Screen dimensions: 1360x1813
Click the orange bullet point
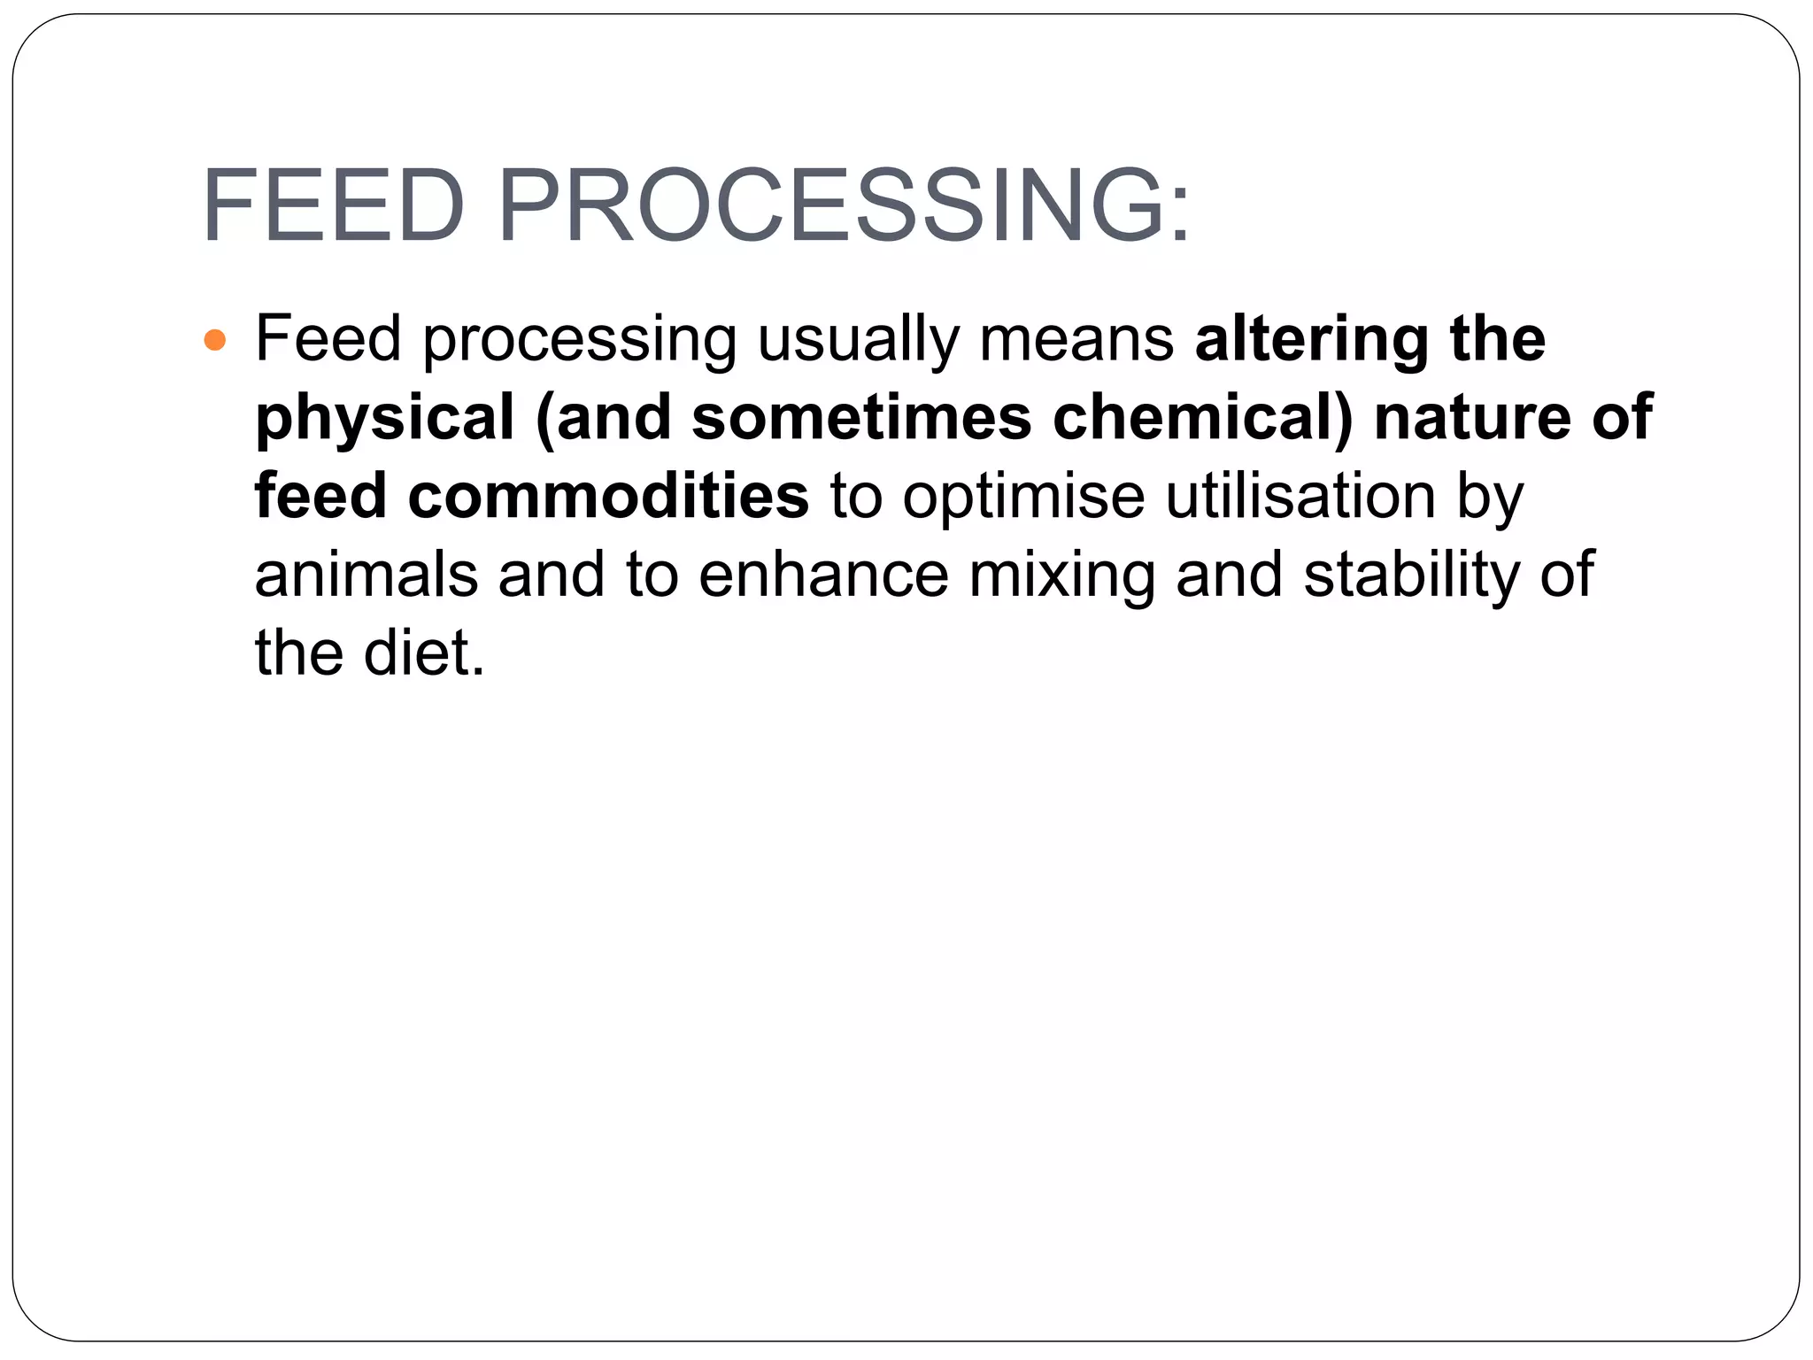[x=215, y=340]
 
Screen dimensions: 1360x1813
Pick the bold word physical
[x=384, y=418]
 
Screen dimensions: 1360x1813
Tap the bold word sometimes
[x=861, y=418]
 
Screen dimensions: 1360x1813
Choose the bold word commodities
[x=608, y=496]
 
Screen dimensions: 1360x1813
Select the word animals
[x=366, y=574]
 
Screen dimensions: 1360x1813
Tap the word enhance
[x=823, y=574]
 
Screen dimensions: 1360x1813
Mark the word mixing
[x=1061, y=574]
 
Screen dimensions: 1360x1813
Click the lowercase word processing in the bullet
[x=580, y=342]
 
